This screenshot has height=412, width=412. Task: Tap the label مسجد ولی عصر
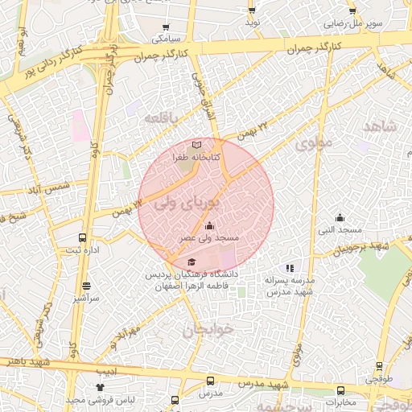tap(209, 238)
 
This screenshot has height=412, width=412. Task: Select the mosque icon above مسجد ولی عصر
tap(210, 226)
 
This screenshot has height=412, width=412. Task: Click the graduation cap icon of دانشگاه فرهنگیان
tap(191, 262)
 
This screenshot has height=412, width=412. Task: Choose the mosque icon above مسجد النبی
tap(340, 217)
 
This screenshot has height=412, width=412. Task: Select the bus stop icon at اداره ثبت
tap(82, 238)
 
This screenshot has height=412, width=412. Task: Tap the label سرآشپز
tap(86, 298)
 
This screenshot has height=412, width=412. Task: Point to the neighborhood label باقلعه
tap(160, 118)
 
